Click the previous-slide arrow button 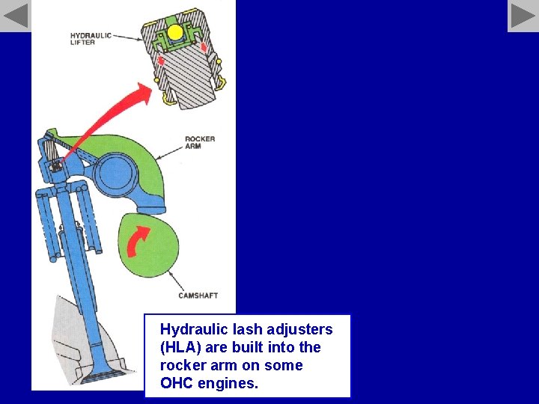tap(16, 16)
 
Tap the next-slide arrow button tap(523, 16)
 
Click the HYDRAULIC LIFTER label tap(91, 39)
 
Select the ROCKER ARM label tap(199, 142)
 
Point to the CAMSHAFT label tap(198, 296)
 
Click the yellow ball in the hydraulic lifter tap(175, 32)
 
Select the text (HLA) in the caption tap(180, 347)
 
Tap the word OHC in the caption tap(177, 384)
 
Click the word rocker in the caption tap(180, 366)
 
